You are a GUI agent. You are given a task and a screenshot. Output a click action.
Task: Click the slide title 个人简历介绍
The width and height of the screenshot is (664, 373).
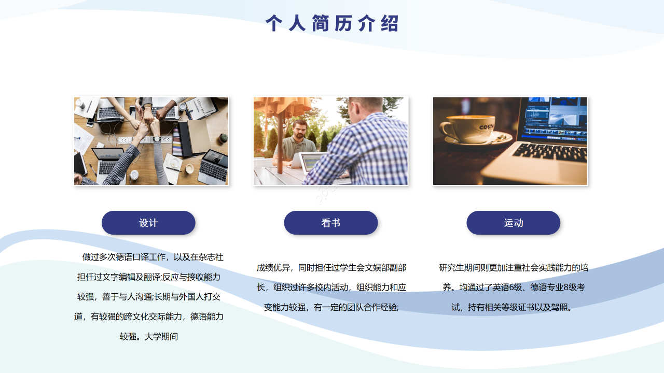click(332, 23)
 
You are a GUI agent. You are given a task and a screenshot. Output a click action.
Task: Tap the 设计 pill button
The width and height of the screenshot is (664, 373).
click(148, 223)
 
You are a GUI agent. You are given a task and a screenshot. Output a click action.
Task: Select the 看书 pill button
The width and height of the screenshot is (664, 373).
click(330, 223)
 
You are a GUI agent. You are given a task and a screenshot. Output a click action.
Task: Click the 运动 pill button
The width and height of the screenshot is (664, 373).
click(513, 223)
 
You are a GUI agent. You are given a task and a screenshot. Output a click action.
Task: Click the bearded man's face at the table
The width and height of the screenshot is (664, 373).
click(299, 132)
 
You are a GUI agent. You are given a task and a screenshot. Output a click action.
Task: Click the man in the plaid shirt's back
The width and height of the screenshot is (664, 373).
click(363, 150)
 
